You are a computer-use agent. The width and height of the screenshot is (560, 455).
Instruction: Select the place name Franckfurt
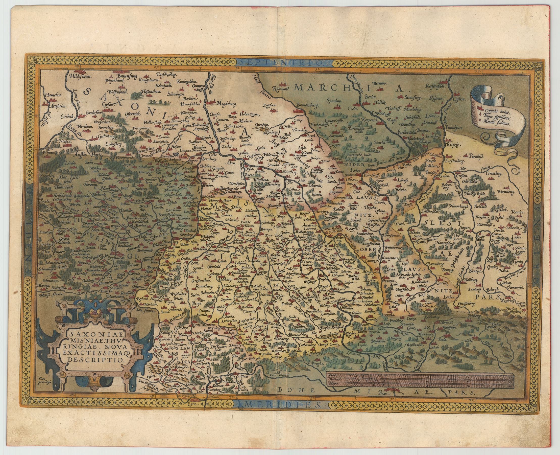pos(455,128)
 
